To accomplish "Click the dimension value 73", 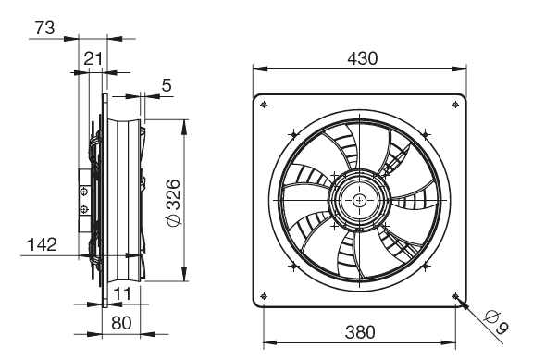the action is (44, 28).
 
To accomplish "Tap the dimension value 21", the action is (93, 59).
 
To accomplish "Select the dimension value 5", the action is (167, 85).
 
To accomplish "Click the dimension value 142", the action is (42, 244).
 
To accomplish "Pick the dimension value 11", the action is (122, 293).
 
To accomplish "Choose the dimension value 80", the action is (121, 323).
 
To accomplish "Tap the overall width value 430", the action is (363, 58).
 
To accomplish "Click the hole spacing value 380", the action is (360, 332).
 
